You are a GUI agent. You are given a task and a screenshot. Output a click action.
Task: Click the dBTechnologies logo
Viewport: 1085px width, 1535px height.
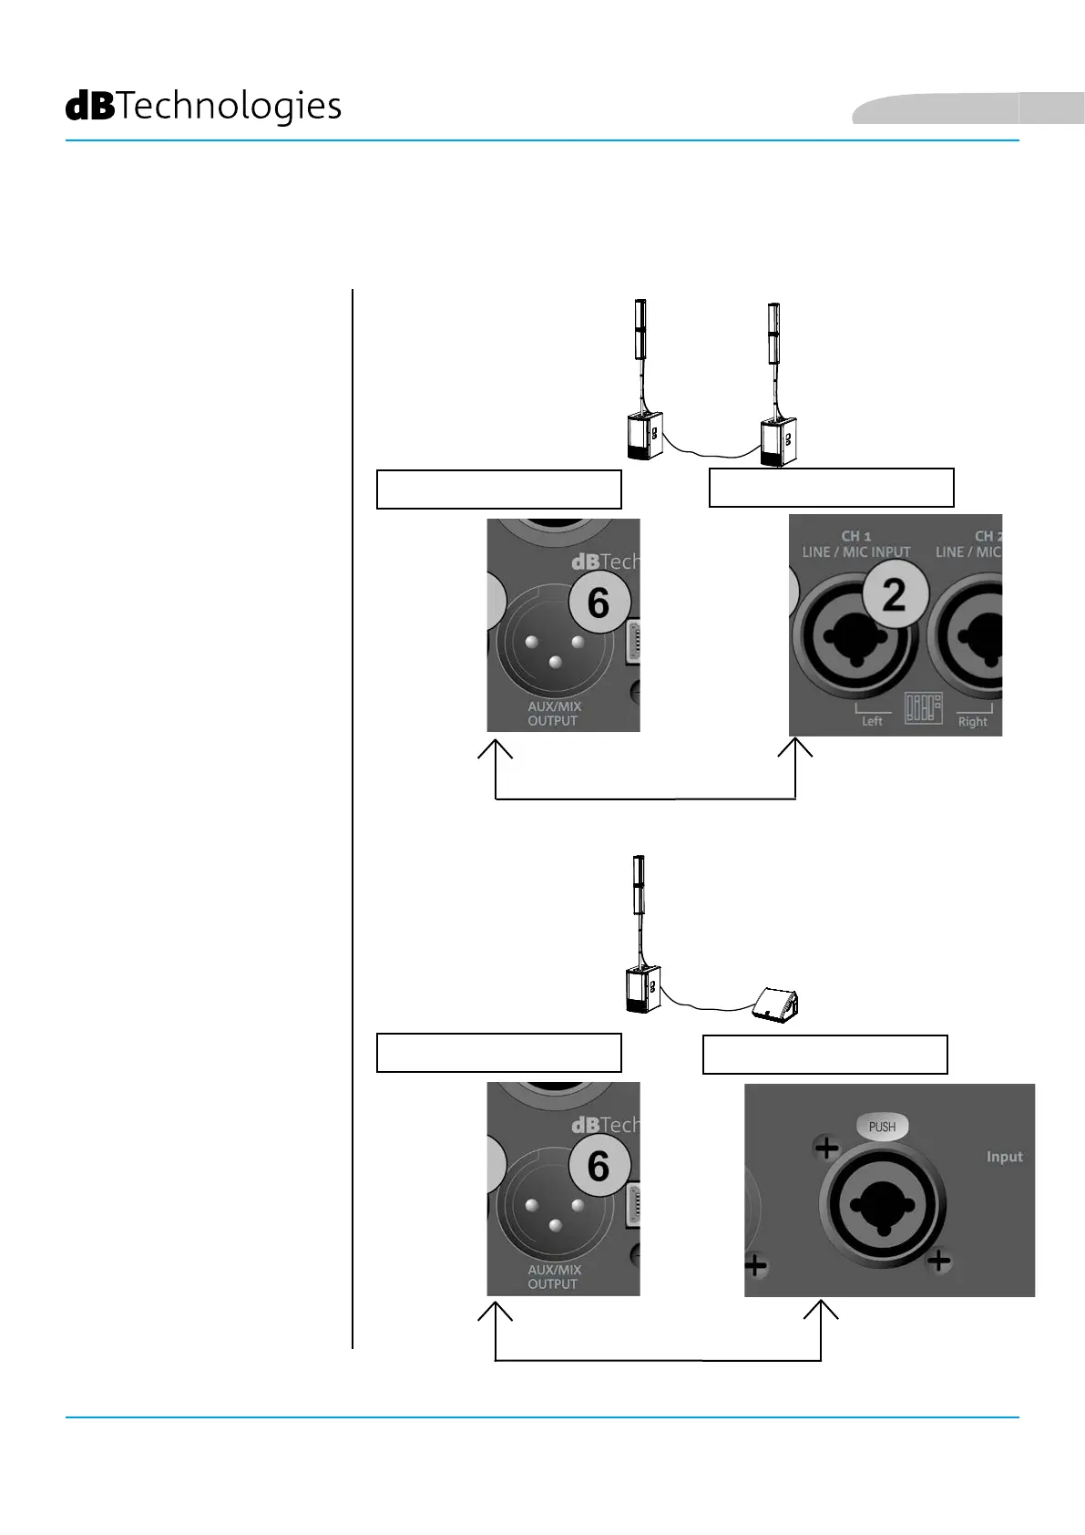click(x=203, y=107)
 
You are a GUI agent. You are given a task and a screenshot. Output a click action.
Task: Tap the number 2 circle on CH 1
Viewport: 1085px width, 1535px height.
click(x=895, y=594)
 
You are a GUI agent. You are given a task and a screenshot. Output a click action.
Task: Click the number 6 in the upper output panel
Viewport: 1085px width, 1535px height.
click(x=599, y=603)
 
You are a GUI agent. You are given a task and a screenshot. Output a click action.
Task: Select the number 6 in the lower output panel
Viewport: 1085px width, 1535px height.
click(x=599, y=1166)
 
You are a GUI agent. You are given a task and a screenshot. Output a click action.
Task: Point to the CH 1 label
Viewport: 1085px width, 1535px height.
click(x=855, y=536)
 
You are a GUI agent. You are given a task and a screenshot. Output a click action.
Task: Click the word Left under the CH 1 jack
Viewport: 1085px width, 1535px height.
click(x=872, y=721)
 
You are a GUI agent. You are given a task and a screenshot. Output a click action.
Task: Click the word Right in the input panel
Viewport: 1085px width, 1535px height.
click(x=972, y=722)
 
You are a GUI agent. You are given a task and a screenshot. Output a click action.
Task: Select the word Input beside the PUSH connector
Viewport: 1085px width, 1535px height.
click(x=1004, y=1157)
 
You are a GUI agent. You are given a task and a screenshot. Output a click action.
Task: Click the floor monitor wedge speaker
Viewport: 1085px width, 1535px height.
click(x=776, y=1005)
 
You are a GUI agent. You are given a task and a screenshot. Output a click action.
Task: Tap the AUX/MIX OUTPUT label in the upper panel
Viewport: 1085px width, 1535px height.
click(x=554, y=714)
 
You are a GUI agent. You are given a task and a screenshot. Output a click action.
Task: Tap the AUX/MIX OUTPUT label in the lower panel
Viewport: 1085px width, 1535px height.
click(x=554, y=1277)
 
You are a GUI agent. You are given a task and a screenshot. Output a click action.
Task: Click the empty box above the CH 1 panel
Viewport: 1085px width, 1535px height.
click(x=831, y=488)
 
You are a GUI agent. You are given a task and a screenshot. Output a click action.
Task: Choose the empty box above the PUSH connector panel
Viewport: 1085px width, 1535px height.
click(x=824, y=1054)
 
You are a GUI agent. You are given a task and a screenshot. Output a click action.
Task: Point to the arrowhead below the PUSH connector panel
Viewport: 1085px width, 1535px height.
click(x=821, y=1310)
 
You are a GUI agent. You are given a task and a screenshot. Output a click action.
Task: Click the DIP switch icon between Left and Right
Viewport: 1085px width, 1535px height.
click(x=923, y=707)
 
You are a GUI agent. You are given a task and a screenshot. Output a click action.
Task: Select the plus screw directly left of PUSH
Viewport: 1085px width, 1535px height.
click(x=826, y=1148)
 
